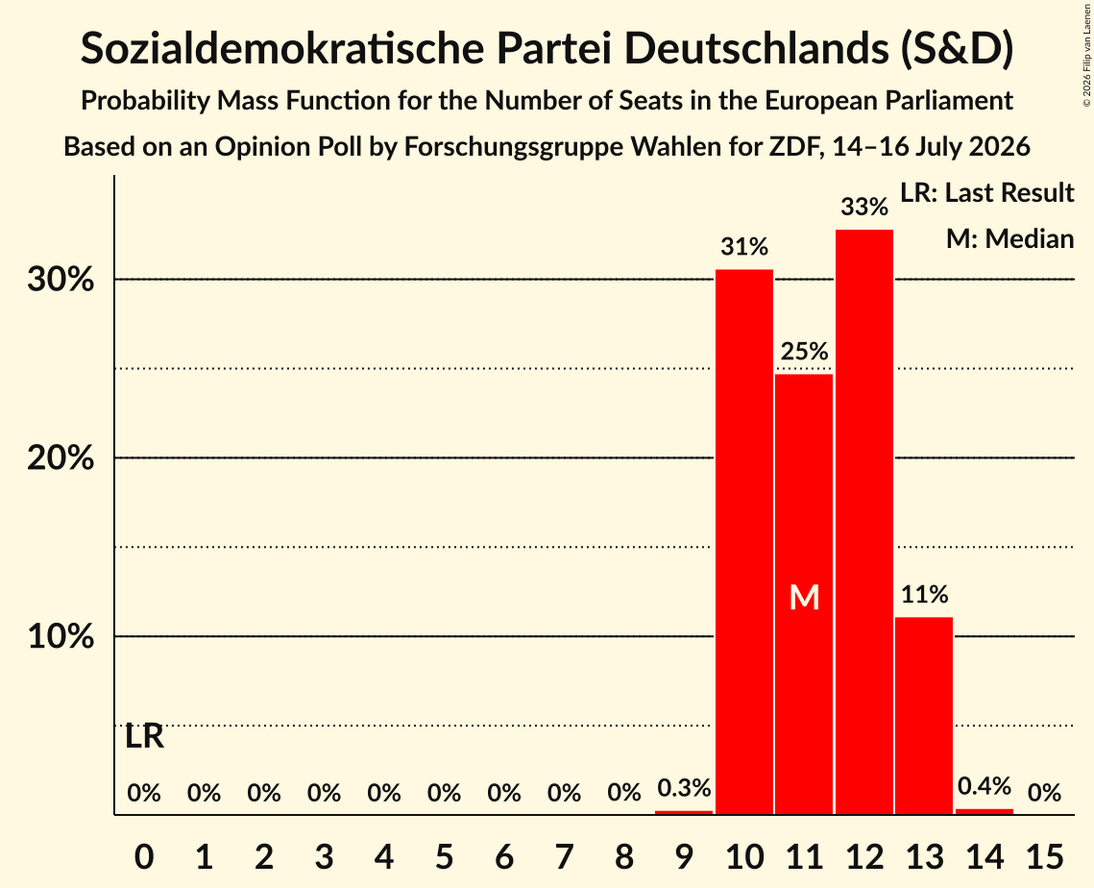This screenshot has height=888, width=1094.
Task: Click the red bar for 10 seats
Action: (744, 542)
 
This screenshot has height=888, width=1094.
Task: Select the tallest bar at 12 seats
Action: (864, 522)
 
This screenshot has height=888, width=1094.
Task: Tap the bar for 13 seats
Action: (924, 716)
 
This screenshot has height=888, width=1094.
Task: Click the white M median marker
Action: (805, 598)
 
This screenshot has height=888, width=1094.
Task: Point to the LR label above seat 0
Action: (144, 736)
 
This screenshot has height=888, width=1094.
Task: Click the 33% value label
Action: (864, 207)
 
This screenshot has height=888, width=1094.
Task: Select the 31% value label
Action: (744, 246)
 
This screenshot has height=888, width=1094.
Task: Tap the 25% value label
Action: (805, 351)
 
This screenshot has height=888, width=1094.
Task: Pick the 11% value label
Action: (924, 594)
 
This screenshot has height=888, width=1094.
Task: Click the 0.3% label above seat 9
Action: (685, 787)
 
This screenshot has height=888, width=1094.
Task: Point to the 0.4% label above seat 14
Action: (985, 786)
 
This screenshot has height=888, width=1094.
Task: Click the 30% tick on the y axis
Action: (61, 280)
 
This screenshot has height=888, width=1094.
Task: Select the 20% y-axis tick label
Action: (61, 458)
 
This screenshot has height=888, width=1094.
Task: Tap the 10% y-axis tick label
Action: (61, 636)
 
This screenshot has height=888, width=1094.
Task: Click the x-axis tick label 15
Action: (1044, 856)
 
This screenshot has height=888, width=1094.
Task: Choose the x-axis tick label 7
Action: (565, 856)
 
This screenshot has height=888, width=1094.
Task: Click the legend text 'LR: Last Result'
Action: (986, 192)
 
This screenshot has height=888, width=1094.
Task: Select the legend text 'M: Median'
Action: (1009, 238)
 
